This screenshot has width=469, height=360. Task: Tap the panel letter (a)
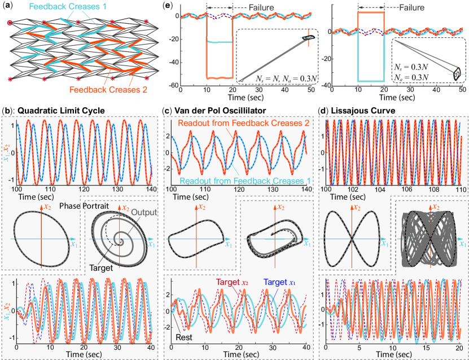click(8, 6)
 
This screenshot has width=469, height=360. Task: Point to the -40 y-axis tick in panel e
click(173, 63)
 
